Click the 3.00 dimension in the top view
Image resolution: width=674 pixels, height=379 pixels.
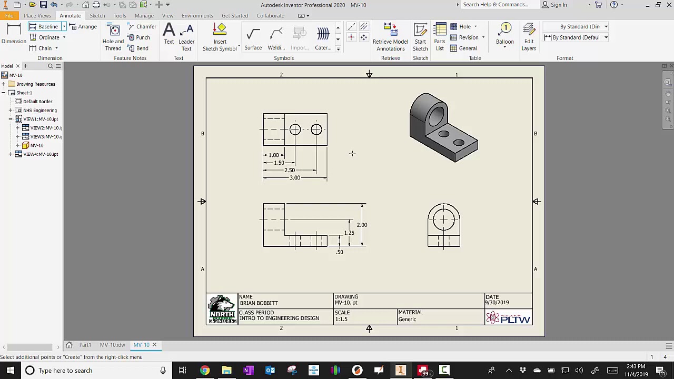coord(295,178)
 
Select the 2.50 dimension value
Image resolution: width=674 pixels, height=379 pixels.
coord(290,171)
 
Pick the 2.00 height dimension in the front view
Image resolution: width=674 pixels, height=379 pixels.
coord(362,225)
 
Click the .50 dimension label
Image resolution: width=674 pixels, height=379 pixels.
coord(340,252)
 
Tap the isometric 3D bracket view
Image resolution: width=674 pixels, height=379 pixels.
coord(443,127)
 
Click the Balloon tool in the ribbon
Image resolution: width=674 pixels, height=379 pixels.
coord(504,35)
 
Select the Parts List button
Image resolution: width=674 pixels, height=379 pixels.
coord(439,37)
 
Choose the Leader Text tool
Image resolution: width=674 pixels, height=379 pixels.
coord(186,37)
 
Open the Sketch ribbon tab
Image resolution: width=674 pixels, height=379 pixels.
coord(97,16)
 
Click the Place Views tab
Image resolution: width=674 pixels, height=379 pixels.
coord(37,16)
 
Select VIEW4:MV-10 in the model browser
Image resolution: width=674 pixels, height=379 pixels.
coord(41,154)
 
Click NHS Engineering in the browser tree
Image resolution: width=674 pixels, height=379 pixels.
coord(39,111)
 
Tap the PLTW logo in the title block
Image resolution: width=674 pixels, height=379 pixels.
coord(508,317)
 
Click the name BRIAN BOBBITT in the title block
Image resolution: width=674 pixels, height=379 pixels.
coord(259,303)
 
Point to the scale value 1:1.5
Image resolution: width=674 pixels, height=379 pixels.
coord(341,319)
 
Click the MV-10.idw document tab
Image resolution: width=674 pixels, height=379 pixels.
coord(112,345)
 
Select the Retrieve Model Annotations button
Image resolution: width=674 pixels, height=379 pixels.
coord(390,37)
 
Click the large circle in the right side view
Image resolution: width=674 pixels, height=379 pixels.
coord(444,220)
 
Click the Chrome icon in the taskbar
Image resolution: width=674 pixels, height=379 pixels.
coord(204,371)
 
